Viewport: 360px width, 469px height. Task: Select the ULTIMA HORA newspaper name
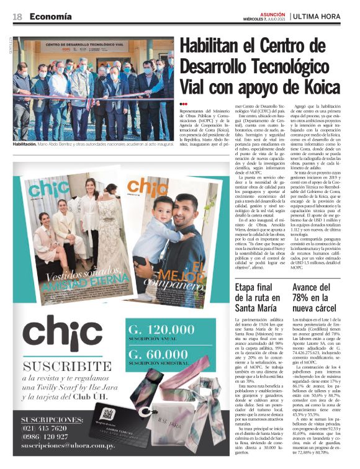[321, 16]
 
